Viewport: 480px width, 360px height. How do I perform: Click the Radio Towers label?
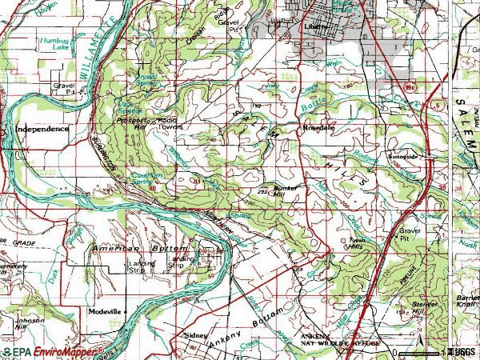(x=170, y=123)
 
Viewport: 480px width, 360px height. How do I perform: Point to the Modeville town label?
(x=106, y=310)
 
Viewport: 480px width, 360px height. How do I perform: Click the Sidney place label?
(x=195, y=336)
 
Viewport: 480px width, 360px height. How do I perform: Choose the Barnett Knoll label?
(x=468, y=301)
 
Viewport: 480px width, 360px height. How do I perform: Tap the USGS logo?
(x=462, y=352)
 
